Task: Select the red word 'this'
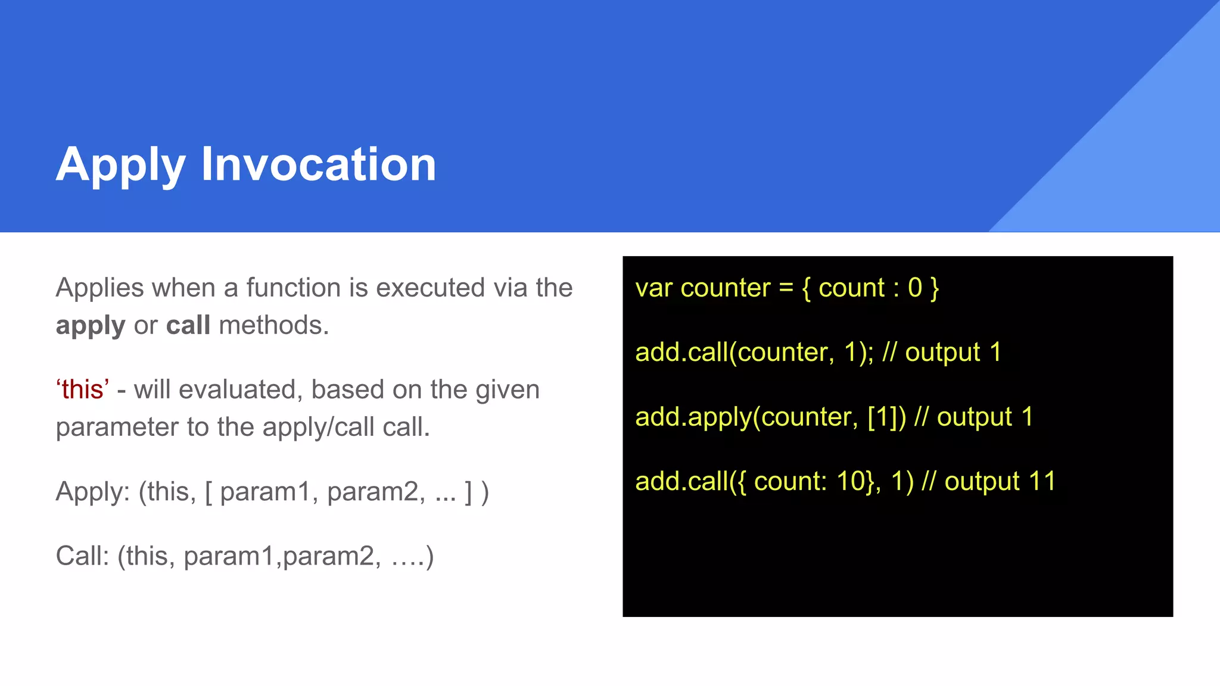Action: (x=83, y=389)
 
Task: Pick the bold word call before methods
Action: (x=188, y=325)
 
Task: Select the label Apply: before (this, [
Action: (x=92, y=492)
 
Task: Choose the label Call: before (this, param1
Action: (x=82, y=556)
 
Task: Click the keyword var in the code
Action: (x=653, y=288)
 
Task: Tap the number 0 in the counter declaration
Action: (x=914, y=288)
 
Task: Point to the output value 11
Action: (x=1042, y=481)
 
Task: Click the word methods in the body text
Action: (x=273, y=325)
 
